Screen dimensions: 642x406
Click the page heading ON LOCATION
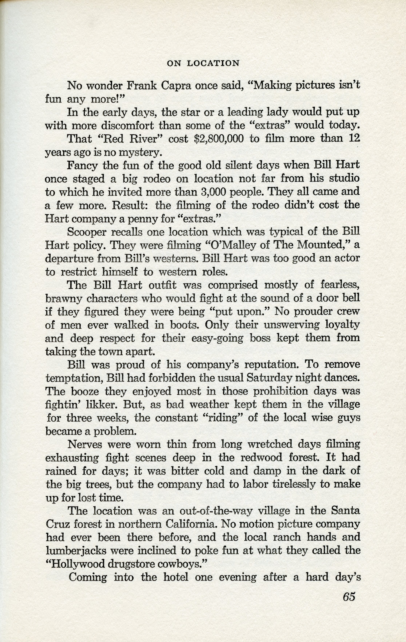pos(203,63)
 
